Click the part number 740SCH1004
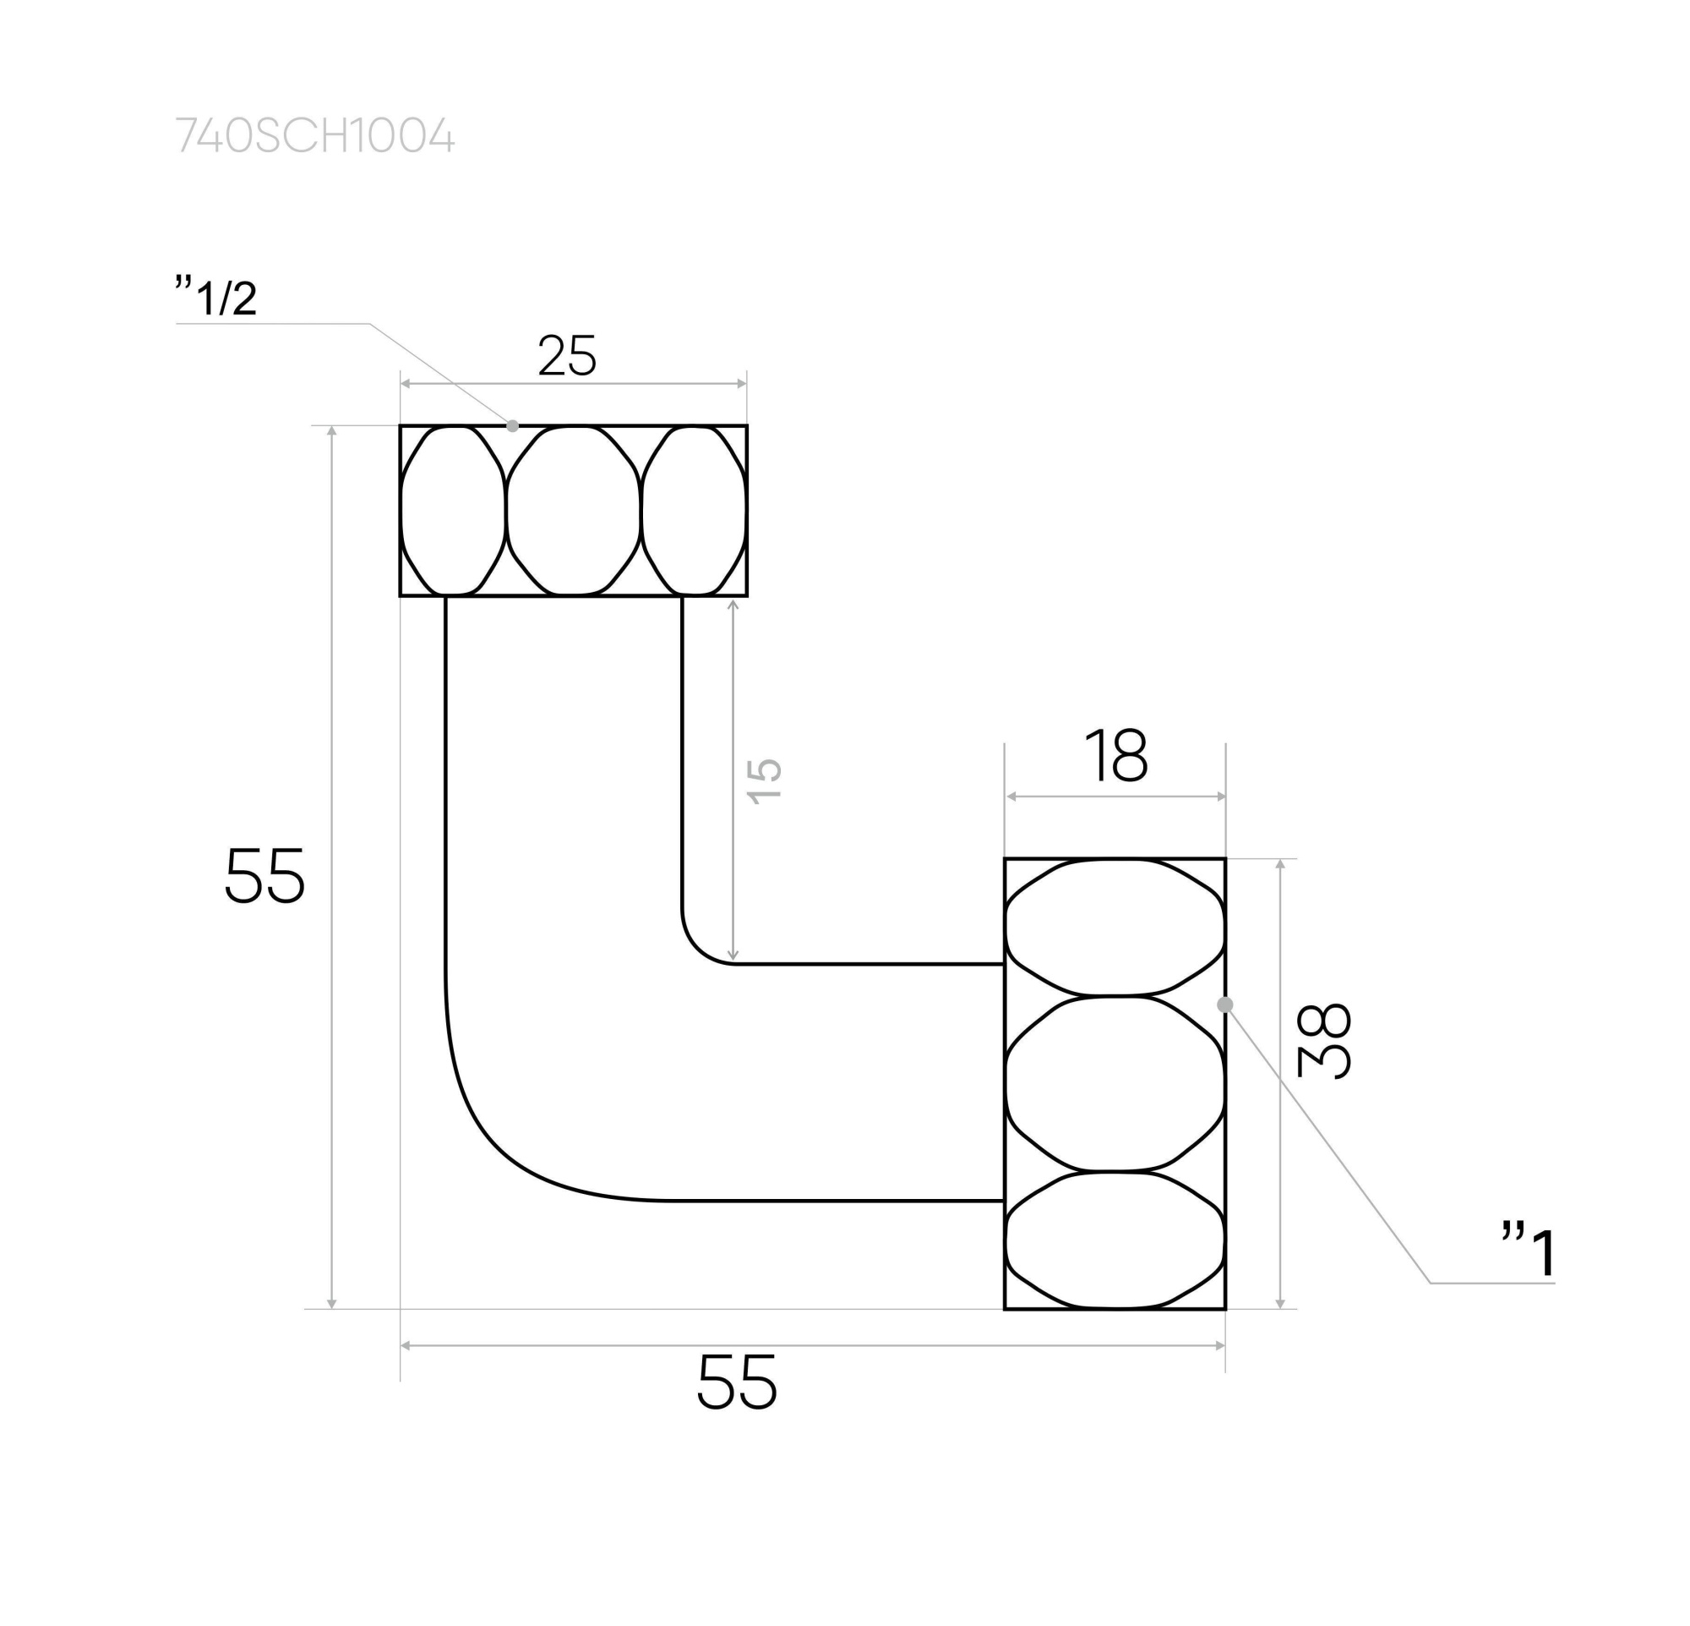pyautogui.click(x=314, y=136)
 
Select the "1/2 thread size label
pyautogui.click(x=216, y=297)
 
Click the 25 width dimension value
pyautogui.click(x=566, y=355)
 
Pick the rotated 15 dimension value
pyautogui.click(x=764, y=780)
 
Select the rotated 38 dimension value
pyautogui.click(x=1323, y=1040)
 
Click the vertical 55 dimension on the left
pyautogui.click(x=264, y=874)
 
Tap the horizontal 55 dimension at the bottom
pyautogui.click(x=736, y=1382)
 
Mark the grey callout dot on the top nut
pyautogui.click(x=513, y=426)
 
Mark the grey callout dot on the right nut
pyautogui.click(x=1224, y=1004)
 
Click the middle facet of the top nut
pyautogui.click(x=574, y=511)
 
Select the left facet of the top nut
pyautogui.click(x=453, y=511)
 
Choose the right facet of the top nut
pyautogui.click(x=695, y=511)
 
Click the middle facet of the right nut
pyautogui.click(x=1115, y=1083)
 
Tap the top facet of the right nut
pyautogui.click(x=1115, y=928)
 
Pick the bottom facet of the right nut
pyautogui.click(x=1115, y=1240)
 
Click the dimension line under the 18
pyautogui.click(x=1115, y=797)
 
